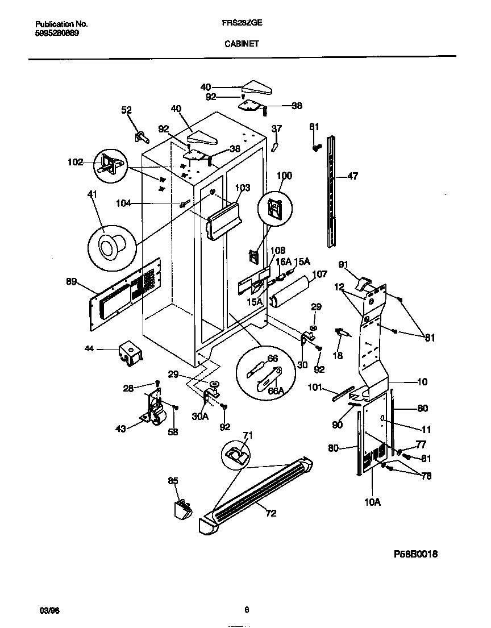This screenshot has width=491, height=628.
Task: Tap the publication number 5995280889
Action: point(57,33)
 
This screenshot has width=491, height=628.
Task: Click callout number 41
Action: point(92,195)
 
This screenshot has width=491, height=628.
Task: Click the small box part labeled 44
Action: point(130,352)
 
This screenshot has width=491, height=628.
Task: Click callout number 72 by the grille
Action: point(271,513)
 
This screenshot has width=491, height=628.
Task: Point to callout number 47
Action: point(352,176)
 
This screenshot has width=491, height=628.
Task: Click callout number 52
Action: point(126,111)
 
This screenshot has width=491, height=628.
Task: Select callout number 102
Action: point(74,161)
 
